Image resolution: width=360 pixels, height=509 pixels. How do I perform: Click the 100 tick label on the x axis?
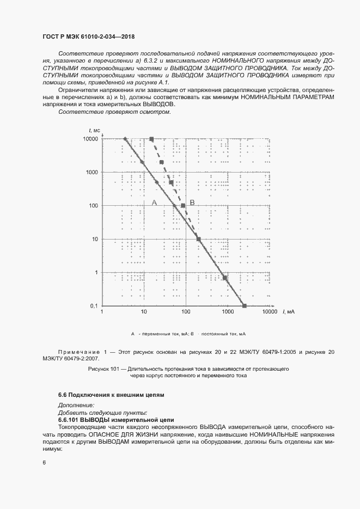point(186,312)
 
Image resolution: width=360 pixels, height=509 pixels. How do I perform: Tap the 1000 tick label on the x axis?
point(228,312)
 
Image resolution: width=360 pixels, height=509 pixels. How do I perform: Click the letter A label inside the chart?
point(154,203)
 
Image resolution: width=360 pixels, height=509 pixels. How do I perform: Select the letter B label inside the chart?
point(192,203)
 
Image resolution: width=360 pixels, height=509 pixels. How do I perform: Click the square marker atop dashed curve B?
point(152,139)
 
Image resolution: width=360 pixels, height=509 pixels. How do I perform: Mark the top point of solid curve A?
point(125,139)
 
